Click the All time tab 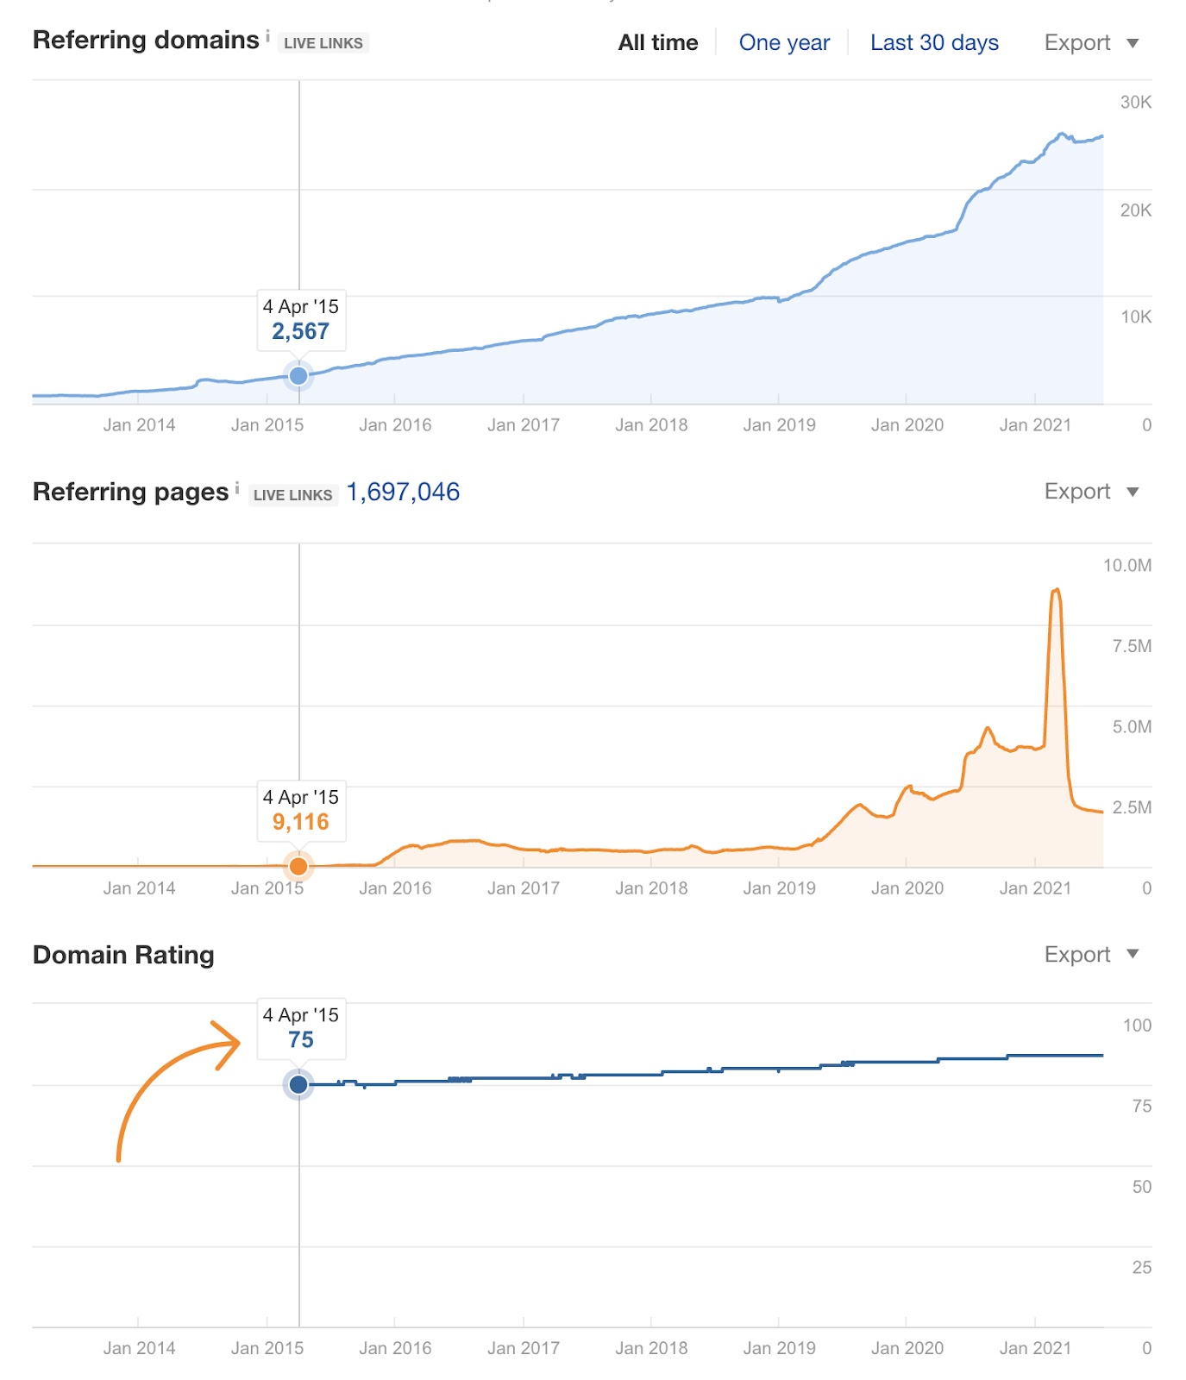(x=657, y=42)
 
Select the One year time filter (x=784, y=42)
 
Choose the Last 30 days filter (x=934, y=42)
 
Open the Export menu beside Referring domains (x=1091, y=42)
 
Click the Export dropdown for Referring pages (x=1091, y=492)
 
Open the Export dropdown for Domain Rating (x=1091, y=955)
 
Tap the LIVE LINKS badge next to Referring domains (x=323, y=43)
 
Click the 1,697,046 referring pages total (x=403, y=492)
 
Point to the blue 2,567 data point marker (x=298, y=375)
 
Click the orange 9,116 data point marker (x=298, y=866)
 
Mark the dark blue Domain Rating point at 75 (x=298, y=1084)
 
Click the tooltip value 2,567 (x=301, y=331)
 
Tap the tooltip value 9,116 (x=301, y=822)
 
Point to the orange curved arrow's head (x=235, y=1042)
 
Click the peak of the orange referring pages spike (x=1056, y=590)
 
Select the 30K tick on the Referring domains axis (x=1135, y=102)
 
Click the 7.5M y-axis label (x=1131, y=646)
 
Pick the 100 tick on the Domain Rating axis (x=1137, y=1026)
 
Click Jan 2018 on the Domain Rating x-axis (x=651, y=1348)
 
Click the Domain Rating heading (x=123, y=955)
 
